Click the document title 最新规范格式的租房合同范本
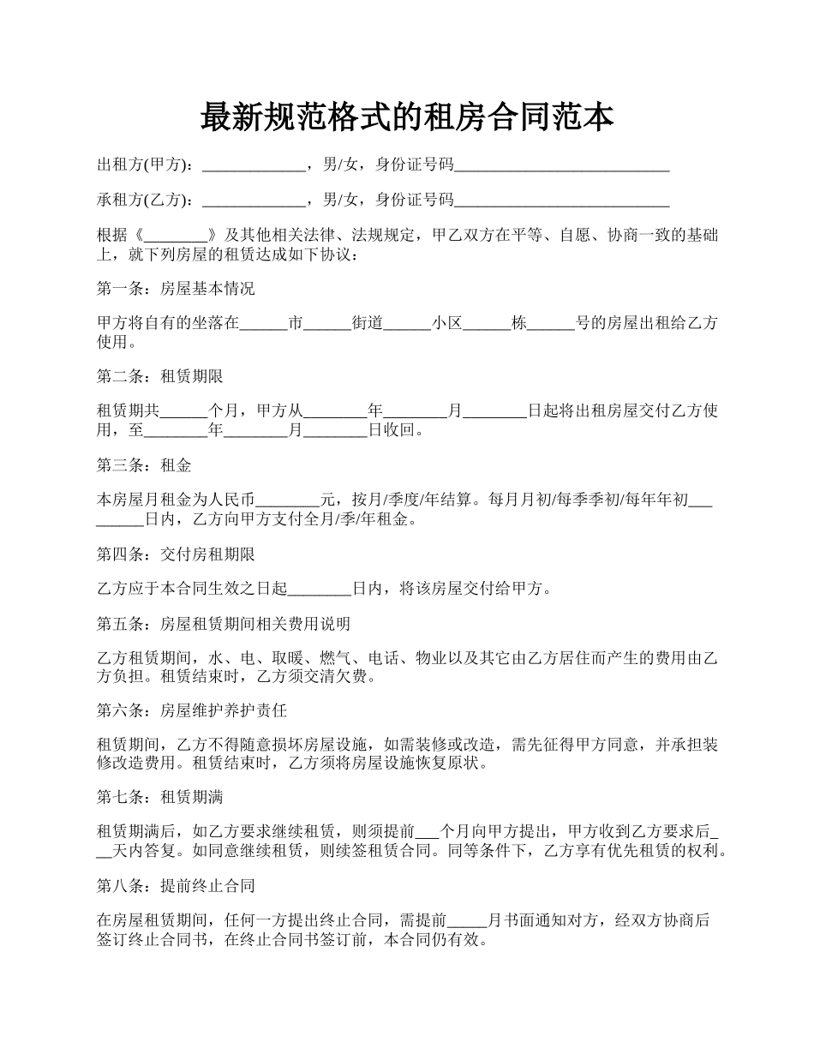click(407, 117)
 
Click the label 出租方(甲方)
click(145, 165)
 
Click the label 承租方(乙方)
click(145, 200)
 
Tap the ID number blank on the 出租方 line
click(561, 166)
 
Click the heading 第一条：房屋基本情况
click(176, 289)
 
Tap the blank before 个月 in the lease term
click(184, 412)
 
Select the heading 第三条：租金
click(144, 465)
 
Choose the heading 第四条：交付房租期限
click(176, 554)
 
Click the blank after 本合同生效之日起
click(320, 590)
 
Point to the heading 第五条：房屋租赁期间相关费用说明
click(224, 624)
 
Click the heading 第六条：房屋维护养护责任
click(192, 711)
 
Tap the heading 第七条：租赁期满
click(160, 798)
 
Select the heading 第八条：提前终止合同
click(176, 885)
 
